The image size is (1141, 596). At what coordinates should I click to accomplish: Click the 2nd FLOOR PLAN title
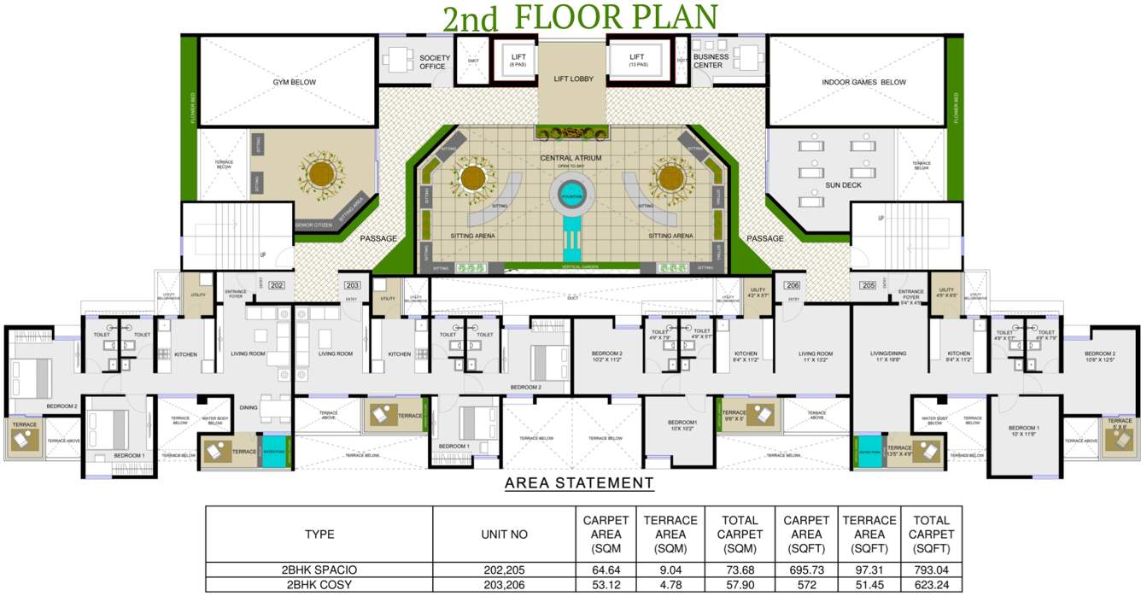578,17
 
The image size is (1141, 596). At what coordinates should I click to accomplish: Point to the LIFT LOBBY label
573,79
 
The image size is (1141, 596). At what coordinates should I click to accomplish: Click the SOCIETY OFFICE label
434,62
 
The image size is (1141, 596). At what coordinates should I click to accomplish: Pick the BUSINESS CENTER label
711,61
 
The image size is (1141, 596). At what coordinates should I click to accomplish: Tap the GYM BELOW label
295,82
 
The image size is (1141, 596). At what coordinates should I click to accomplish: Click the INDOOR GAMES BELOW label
863,82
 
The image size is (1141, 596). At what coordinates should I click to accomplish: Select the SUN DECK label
843,185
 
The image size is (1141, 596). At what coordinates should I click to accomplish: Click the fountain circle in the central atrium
570,197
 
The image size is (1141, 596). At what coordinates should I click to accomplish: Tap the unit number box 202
277,285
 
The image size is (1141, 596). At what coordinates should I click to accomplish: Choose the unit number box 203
352,285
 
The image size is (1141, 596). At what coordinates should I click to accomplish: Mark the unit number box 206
793,285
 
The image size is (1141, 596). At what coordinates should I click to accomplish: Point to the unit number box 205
869,285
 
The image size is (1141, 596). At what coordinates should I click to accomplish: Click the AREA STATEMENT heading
579,483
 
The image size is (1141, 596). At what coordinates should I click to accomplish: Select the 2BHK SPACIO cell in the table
319,570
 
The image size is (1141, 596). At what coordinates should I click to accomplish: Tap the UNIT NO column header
504,535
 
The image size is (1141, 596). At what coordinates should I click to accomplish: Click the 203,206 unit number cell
504,585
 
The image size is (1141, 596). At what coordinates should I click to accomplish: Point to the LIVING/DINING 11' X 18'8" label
887,357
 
